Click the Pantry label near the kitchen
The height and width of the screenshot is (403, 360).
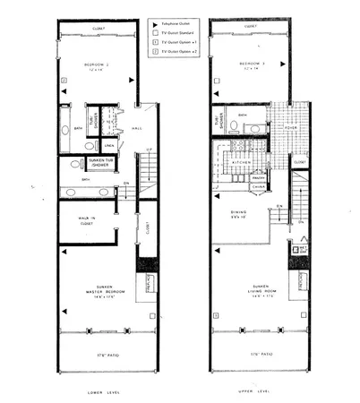click(x=258, y=177)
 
